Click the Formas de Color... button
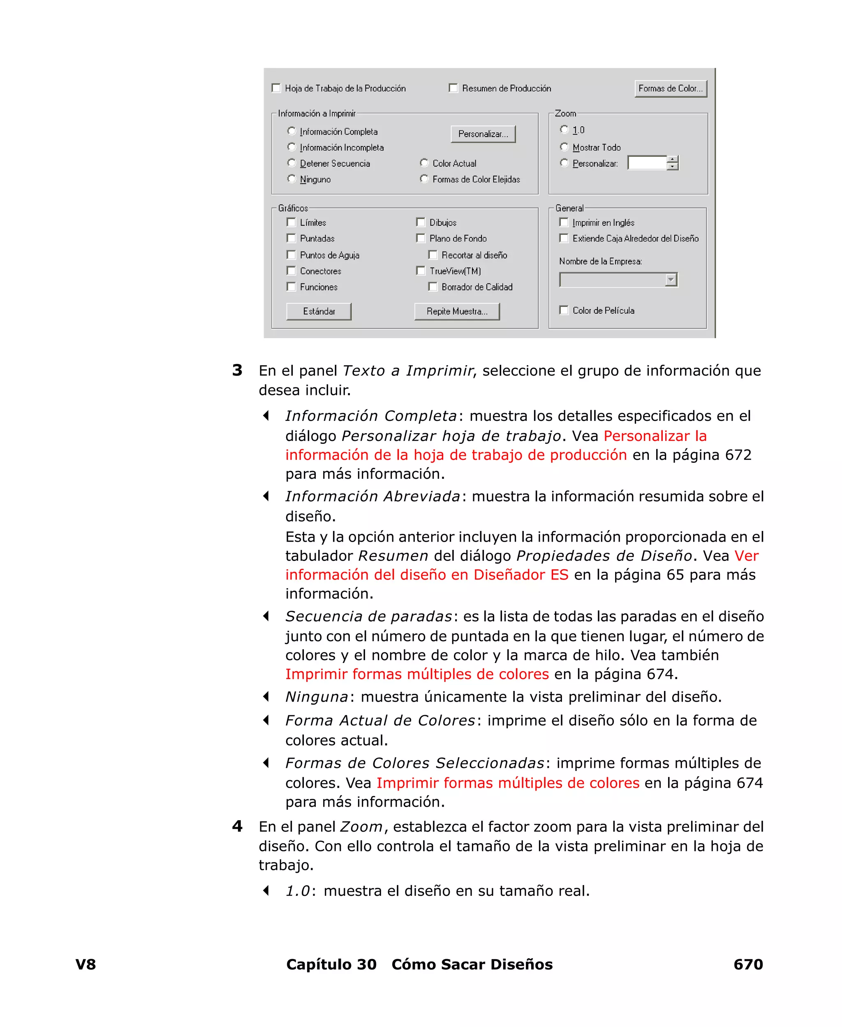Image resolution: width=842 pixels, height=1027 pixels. coord(670,89)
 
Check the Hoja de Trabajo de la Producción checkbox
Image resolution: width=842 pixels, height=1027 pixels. coord(276,88)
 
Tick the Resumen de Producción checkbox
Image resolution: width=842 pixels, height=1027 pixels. coord(453,88)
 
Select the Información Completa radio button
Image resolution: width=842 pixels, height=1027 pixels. coord(291,131)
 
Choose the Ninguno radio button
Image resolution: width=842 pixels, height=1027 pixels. coord(291,179)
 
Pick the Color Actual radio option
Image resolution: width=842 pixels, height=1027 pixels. coord(424,163)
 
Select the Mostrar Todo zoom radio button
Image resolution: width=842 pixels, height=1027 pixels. coord(564,147)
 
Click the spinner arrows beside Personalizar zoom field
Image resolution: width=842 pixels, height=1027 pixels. coord(672,163)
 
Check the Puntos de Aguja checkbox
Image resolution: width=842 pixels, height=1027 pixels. coord(291,255)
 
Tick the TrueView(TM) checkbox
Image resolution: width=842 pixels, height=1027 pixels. coord(421,271)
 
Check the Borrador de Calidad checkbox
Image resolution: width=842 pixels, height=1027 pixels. coord(433,287)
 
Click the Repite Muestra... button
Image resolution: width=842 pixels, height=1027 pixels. coord(457,311)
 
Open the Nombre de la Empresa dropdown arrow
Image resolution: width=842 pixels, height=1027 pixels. coord(671,280)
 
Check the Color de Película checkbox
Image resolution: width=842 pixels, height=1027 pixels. coord(564,310)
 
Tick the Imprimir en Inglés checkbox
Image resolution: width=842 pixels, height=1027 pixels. coord(564,222)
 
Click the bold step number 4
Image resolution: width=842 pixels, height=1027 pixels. coord(237,826)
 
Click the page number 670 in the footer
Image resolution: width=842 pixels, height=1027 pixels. coord(748,964)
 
